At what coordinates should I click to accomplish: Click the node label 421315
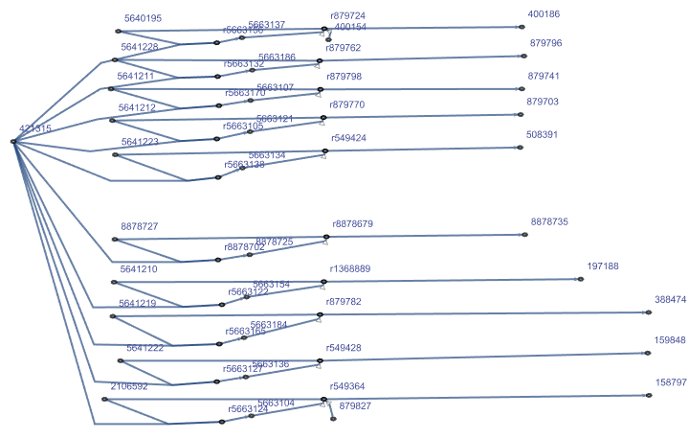point(35,128)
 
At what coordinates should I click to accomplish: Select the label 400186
point(544,14)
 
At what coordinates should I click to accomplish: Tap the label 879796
point(545,44)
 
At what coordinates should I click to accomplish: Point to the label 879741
point(544,76)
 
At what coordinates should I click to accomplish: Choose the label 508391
point(542,135)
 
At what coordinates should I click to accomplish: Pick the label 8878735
point(549,221)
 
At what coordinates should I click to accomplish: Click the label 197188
point(603,266)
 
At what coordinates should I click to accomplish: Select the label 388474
point(671,300)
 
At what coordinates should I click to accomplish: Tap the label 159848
point(670,340)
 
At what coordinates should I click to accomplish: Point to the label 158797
point(671,382)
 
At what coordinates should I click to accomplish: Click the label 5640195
point(143,18)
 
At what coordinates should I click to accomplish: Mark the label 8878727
point(139,226)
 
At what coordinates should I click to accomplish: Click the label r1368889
point(349,269)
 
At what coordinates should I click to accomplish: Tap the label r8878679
point(352,224)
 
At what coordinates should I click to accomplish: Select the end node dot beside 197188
point(581,279)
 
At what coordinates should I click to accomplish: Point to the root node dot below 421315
point(13,142)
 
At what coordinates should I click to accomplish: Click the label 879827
point(355,406)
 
